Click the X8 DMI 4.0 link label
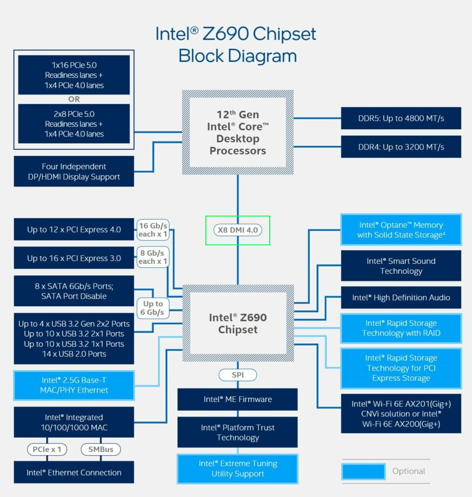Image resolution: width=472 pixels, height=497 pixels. point(238,230)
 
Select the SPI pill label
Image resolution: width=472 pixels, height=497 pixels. point(238,375)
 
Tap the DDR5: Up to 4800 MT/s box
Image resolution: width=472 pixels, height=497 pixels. point(401,118)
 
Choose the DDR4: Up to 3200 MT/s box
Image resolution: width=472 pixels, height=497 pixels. point(401,147)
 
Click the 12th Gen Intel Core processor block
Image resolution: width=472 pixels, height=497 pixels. point(238,132)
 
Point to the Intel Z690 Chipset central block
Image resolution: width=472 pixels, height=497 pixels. point(238,323)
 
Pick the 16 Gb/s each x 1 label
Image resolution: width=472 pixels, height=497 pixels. point(153,230)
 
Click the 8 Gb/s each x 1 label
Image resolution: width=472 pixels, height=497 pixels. point(153,257)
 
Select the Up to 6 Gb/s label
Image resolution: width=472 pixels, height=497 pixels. point(153,308)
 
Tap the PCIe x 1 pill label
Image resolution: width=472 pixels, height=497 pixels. point(47,449)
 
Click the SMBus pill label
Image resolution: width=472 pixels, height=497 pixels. point(101,449)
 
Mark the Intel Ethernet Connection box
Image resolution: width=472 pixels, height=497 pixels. point(74,472)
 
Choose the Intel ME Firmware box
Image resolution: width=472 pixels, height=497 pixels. point(237,399)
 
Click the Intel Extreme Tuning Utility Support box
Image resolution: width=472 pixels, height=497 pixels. point(237,469)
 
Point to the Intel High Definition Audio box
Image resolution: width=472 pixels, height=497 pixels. point(401,298)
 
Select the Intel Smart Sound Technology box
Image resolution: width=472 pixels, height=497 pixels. point(401,266)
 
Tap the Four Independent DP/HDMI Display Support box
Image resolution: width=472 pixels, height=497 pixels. point(74,172)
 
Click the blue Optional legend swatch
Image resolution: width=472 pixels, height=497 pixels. point(364,471)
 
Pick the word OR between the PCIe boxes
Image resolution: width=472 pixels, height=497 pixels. point(74,99)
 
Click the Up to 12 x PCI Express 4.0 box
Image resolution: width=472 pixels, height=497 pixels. point(74,230)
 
